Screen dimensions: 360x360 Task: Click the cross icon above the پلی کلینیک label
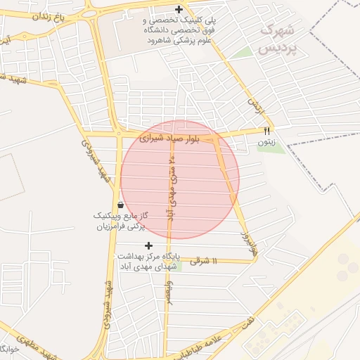(179, 10)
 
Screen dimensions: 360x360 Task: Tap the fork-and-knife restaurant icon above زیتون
(266, 130)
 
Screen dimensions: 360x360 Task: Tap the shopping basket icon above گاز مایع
(122, 205)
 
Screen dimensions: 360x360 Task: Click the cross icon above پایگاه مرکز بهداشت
(148, 245)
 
